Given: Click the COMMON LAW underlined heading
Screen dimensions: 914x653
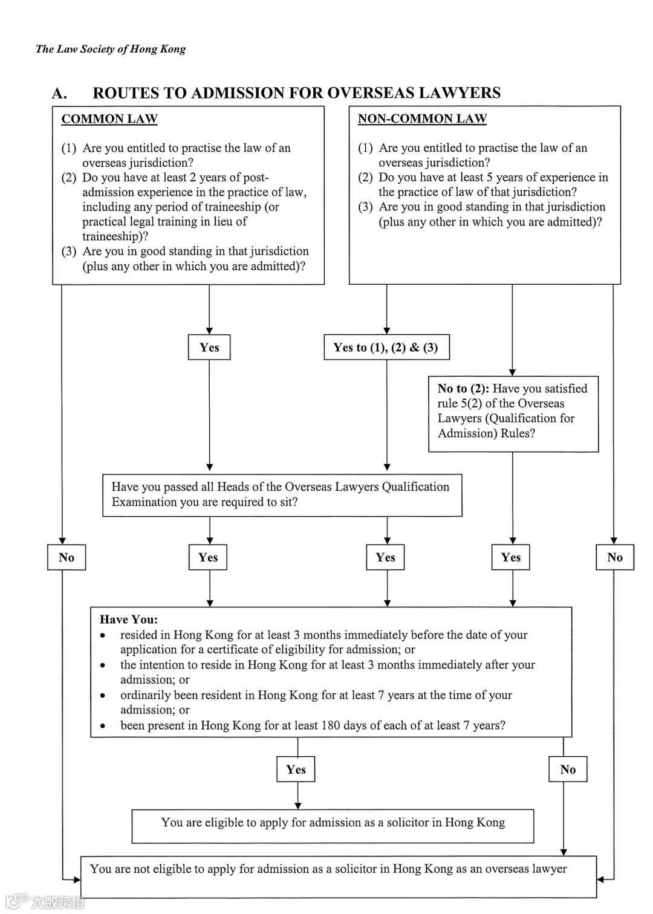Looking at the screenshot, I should tap(109, 118).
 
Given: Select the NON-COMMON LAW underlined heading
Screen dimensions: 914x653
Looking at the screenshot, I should tap(422, 118).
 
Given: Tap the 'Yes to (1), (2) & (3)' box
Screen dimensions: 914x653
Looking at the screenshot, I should tap(386, 347).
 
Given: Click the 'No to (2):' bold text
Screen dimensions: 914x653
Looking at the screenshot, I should tap(464, 389).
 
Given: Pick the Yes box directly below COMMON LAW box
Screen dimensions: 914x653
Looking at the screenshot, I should tap(209, 348).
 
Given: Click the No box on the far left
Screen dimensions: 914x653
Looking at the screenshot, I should tap(67, 557).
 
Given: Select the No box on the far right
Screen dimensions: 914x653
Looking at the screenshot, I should tap(615, 557).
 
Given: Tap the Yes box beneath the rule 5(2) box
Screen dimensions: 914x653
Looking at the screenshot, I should tap(511, 557).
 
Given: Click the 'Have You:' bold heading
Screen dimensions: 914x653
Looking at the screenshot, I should tap(129, 620).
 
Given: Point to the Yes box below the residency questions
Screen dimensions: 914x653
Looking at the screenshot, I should tap(296, 770).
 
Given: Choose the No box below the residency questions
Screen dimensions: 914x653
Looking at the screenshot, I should tap(568, 770).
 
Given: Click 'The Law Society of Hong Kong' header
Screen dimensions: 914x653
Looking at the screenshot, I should tap(111, 49).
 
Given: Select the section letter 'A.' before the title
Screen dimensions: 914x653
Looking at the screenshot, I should tap(59, 93).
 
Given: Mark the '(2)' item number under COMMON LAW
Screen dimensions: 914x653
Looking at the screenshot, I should tap(69, 178).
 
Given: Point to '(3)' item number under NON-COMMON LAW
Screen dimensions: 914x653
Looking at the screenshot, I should tap(365, 207).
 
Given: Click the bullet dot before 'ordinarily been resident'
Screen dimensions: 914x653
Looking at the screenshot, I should tap(103, 696).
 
